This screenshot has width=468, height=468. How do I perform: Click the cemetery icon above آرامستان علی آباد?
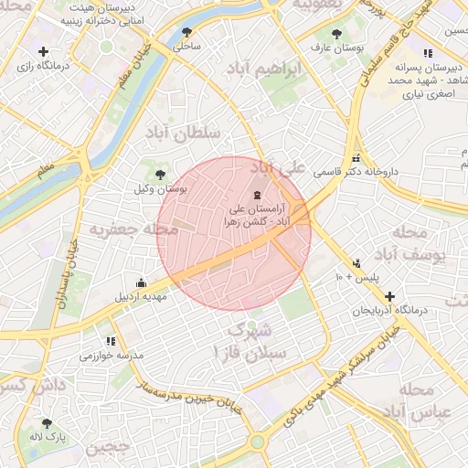click(256, 194)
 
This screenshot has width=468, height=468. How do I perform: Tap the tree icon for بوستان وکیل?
click(161, 174)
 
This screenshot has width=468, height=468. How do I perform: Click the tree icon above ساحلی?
click(187, 32)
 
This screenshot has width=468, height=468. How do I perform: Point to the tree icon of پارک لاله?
click(47, 423)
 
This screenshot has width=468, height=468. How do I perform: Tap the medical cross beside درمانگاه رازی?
click(43, 51)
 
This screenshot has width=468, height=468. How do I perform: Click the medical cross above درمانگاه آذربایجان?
click(391, 296)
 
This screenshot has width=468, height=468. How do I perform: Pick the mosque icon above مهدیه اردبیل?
click(140, 282)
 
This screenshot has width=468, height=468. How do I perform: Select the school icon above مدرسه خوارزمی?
click(112, 341)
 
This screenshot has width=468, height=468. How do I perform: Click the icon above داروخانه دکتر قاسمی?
click(356, 158)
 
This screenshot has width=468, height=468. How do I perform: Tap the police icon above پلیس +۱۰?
click(356, 263)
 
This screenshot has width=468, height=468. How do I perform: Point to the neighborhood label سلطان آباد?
click(183, 133)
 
